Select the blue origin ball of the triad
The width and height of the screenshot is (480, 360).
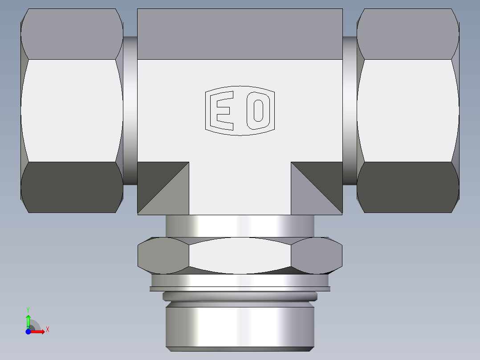[x=28, y=331]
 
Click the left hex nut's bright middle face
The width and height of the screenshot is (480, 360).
[x=71, y=110]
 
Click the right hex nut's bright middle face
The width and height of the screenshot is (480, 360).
[x=407, y=110]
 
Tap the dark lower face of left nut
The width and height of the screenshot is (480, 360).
[x=71, y=187]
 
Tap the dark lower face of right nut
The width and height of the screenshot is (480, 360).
[x=407, y=187]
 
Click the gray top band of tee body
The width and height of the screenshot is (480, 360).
[x=240, y=34]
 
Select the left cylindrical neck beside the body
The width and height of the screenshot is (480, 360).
[x=130, y=110]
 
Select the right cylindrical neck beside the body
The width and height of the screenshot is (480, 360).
[x=350, y=110]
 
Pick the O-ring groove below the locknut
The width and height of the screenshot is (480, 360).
[x=240, y=296]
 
